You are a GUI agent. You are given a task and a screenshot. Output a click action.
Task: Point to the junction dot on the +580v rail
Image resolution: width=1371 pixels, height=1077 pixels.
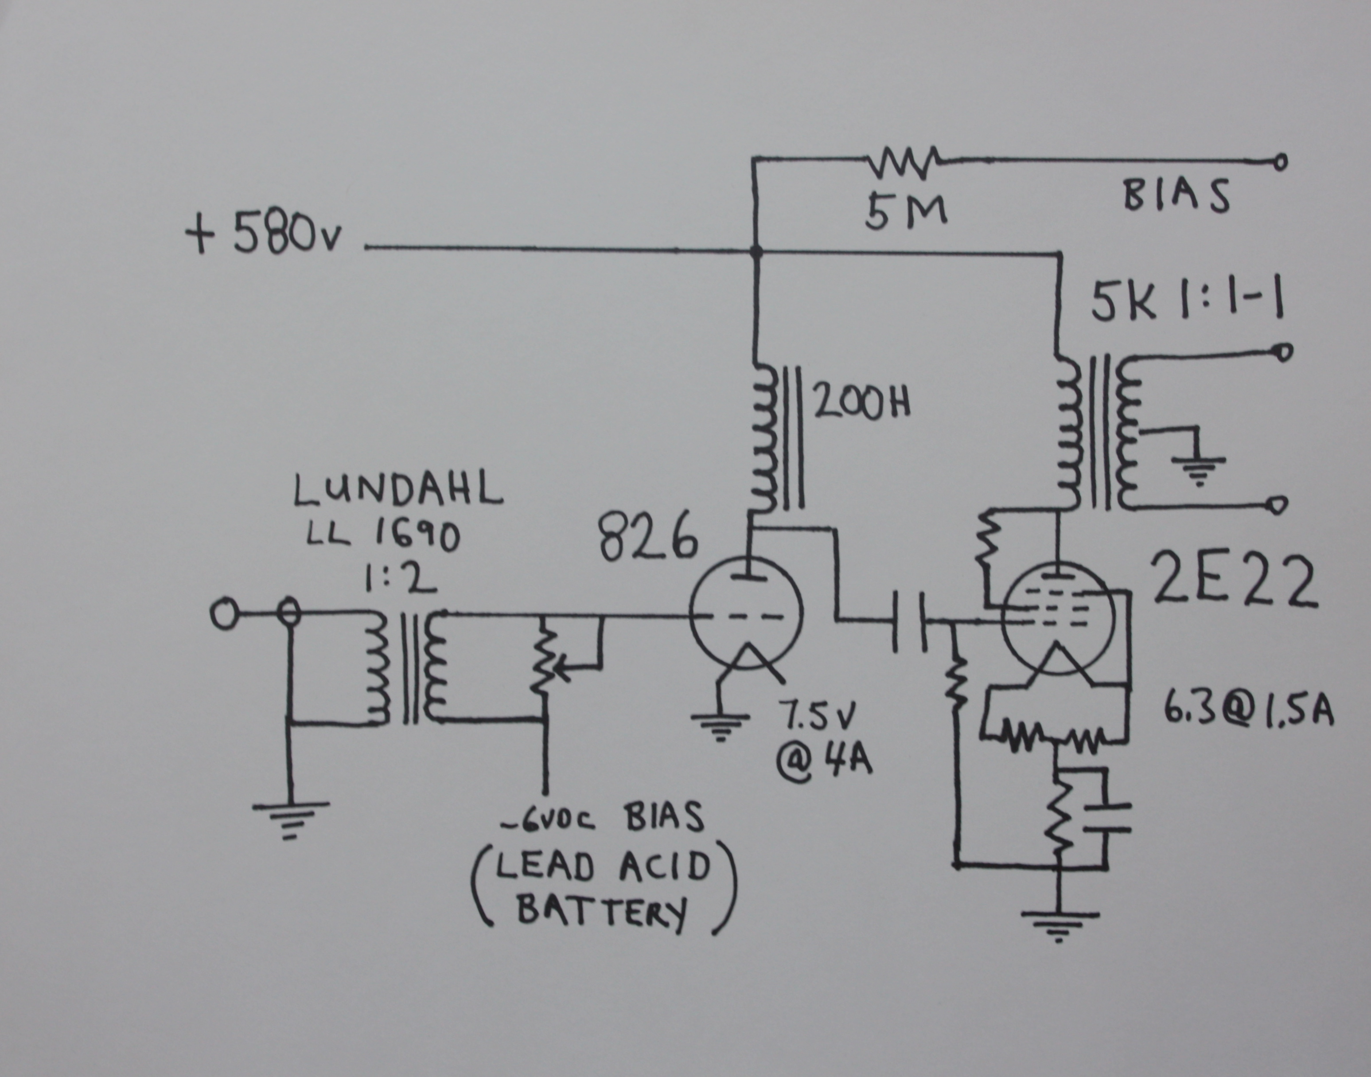point(757,252)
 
